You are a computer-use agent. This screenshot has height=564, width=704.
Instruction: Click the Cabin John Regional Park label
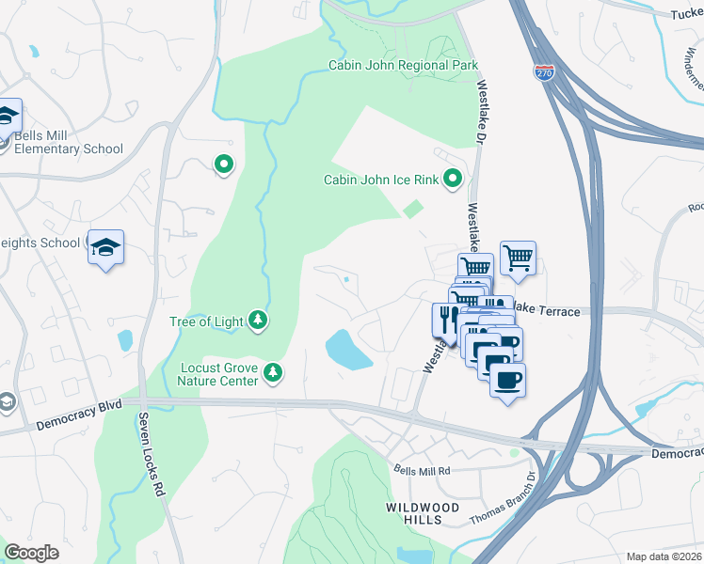click(403, 65)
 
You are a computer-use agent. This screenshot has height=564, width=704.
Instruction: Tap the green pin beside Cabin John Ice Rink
click(453, 177)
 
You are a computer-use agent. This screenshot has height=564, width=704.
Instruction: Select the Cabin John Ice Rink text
click(380, 180)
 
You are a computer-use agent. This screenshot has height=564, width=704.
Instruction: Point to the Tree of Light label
click(207, 322)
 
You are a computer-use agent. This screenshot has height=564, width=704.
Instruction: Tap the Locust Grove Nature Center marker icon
click(272, 373)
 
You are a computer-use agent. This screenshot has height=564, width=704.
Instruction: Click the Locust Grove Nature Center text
click(216, 374)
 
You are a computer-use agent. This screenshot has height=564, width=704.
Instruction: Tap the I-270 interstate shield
click(543, 71)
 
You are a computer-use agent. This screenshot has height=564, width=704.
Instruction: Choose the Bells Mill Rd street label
click(422, 470)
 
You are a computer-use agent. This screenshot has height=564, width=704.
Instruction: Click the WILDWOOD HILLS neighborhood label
click(423, 513)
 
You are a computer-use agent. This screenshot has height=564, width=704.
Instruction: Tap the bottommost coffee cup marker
click(507, 381)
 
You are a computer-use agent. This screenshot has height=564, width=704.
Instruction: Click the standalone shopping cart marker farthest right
click(518, 257)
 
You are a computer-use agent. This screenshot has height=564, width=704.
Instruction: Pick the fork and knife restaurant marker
click(446, 318)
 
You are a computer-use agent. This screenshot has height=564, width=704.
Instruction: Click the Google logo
click(32, 552)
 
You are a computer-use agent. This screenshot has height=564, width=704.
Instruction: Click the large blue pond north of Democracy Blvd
click(347, 350)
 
